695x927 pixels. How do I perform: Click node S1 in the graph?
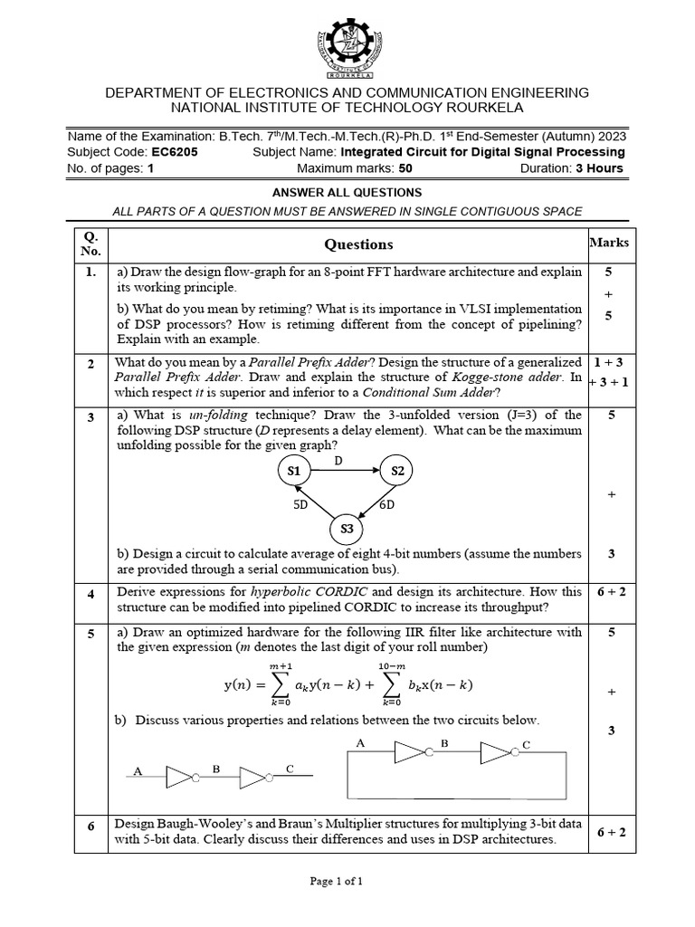point(293,471)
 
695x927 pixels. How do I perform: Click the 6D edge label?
point(386,504)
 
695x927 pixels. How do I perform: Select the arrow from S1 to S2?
point(345,471)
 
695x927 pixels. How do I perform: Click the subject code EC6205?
point(176,152)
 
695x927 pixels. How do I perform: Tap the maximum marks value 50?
point(405,168)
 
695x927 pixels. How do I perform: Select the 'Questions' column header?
point(359,244)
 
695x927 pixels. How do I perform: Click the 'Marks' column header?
point(609,243)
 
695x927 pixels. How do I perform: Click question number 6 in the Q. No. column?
point(90,827)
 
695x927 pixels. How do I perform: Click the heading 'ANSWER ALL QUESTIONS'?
point(347,193)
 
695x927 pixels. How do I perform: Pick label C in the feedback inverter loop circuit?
point(526,744)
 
